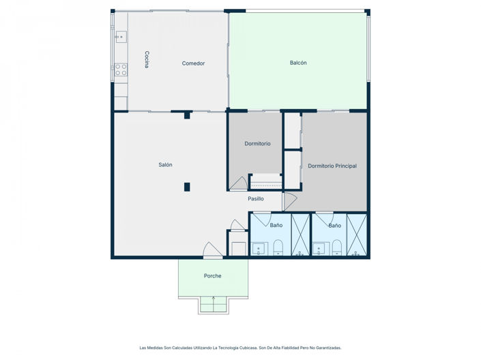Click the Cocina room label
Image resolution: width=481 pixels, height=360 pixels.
(147, 59)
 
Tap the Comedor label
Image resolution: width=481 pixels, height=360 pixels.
(193, 63)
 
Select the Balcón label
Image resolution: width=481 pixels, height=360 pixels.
(298, 63)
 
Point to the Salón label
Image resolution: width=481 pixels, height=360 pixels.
(165, 165)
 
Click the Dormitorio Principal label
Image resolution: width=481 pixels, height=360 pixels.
(332, 166)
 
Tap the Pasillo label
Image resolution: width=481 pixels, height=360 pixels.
(256, 198)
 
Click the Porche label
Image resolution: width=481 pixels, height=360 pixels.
(213, 276)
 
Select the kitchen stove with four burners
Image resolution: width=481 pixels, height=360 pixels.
(121, 70)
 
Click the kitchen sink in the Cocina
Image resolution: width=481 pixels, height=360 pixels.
(121, 37)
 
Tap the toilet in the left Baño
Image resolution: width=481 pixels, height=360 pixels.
(278, 247)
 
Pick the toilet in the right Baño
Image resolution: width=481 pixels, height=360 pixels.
(337, 247)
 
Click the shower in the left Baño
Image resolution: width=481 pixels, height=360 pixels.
(300, 235)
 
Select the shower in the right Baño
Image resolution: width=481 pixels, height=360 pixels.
(357, 235)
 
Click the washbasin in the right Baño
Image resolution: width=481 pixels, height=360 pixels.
(321, 249)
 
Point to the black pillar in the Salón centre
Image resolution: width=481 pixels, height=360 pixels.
(187, 187)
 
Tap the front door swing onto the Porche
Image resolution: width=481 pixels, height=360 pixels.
(212, 250)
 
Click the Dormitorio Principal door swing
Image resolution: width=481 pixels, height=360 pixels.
(290, 201)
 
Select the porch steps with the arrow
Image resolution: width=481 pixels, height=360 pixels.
(214, 305)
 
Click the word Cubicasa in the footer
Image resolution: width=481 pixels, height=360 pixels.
(249, 348)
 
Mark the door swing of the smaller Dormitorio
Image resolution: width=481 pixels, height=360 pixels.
(238, 183)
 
